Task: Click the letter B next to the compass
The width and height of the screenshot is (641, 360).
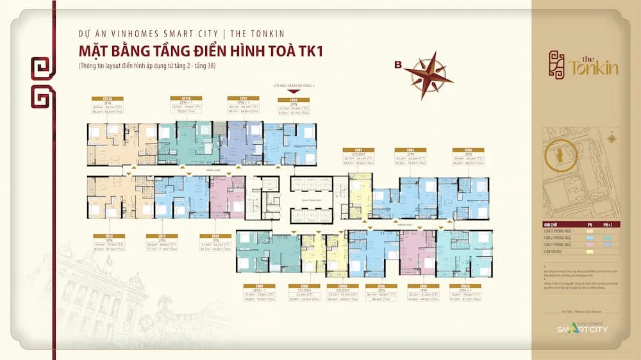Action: [398, 65]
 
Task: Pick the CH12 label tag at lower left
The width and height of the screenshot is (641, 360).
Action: [99, 236]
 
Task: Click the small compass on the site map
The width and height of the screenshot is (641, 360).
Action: [612, 137]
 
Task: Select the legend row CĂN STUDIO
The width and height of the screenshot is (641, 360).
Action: [553, 252]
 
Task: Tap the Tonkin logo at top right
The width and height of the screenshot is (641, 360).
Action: [583, 63]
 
